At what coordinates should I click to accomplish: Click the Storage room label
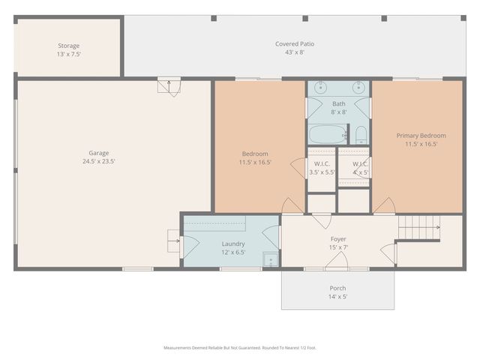(69, 46)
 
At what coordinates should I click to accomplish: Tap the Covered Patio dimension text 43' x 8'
(294, 52)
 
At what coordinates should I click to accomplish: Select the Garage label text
(99, 153)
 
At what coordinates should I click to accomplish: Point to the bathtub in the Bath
(327, 135)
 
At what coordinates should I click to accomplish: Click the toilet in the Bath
(361, 135)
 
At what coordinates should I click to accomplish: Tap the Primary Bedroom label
(421, 136)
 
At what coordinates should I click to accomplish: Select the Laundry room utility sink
(270, 259)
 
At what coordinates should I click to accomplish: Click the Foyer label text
(338, 239)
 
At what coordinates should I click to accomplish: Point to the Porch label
(337, 288)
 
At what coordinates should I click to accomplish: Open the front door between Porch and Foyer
(337, 262)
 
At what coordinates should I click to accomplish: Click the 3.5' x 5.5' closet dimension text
(322, 172)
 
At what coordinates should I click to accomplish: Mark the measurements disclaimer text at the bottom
(240, 347)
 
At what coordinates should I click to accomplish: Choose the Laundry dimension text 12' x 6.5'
(233, 252)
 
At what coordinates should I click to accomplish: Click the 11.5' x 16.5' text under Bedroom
(255, 162)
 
